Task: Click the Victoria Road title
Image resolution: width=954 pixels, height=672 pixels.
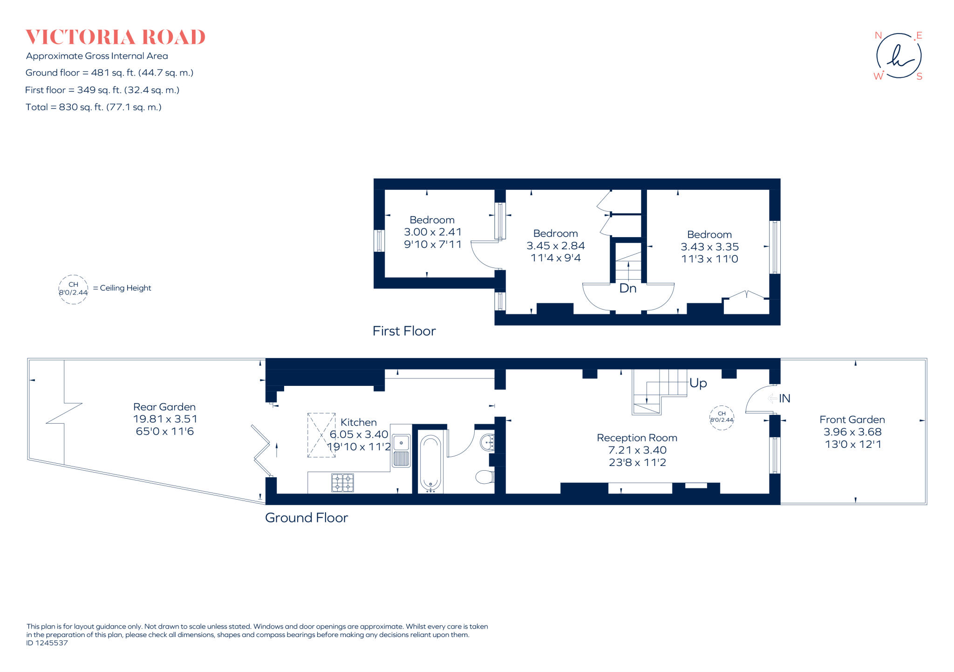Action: click(x=115, y=37)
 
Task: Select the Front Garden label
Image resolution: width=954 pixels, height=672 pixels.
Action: click(x=852, y=419)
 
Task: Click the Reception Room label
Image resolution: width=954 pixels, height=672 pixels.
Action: click(x=637, y=438)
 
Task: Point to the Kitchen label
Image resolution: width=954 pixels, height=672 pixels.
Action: click(x=358, y=422)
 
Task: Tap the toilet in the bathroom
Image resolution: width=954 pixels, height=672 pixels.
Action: click(x=485, y=477)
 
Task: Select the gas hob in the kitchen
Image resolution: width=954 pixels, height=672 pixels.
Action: click(x=342, y=483)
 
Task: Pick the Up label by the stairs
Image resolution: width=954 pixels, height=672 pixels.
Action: click(x=698, y=383)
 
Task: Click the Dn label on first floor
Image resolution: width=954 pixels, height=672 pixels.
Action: click(x=627, y=288)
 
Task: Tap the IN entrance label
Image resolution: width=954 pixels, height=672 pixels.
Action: click(x=784, y=398)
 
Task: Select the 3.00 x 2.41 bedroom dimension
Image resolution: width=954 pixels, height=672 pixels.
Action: click(x=432, y=232)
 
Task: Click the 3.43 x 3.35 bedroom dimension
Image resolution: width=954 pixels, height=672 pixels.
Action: click(x=709, y=247)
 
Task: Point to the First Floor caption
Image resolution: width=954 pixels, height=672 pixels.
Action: click(x=404, y=331)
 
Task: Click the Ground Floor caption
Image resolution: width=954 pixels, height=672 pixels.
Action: click(x=306, y=518)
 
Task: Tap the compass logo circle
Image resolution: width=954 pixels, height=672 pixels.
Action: click(x=899, y=56)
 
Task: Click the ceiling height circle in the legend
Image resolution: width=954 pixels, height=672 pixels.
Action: click(x=73, y=289)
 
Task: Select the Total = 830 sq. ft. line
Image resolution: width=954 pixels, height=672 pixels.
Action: click(x=93, y=107)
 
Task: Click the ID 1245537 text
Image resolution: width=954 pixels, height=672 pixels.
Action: click(x=47, y=643)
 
